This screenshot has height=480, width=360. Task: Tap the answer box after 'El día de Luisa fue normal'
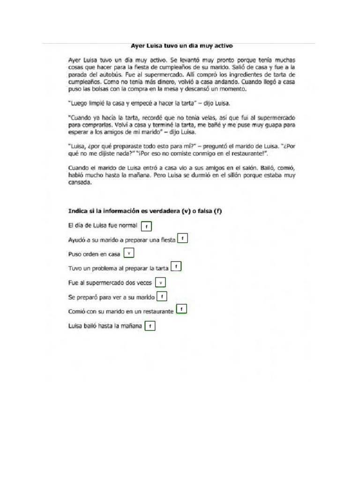pos(146,226)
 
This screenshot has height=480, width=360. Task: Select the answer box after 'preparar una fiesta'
pos(182,239)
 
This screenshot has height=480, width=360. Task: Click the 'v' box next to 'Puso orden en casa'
pos(128,253)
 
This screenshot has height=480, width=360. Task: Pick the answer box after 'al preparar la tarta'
pos(176,267)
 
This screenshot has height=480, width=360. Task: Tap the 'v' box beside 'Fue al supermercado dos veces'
pos(160,283)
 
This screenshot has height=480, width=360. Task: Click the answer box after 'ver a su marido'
pos(162,297)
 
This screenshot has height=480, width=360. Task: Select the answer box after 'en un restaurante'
pos(181,309)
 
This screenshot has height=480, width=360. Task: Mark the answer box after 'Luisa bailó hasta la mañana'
pos(150,326)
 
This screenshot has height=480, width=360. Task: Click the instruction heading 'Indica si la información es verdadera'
pos(145,211)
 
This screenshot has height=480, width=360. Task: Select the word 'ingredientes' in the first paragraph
pos(250,74)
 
